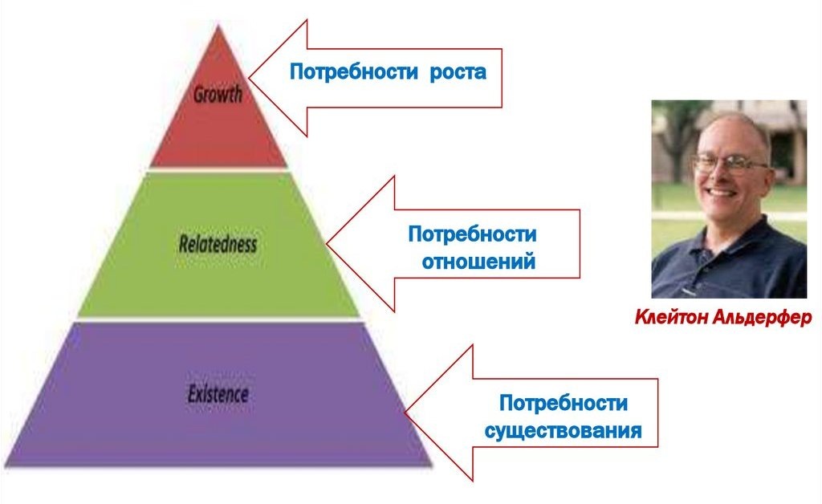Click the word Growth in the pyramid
tap(217, 95)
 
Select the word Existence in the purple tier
tap(218, 394)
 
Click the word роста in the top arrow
tap(458, 72)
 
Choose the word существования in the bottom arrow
tap(563, 431)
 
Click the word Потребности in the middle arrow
tap(472, 235)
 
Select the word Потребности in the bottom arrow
tap(564, 403)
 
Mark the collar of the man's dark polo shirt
tap(726, 233)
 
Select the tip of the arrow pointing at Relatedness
tap(327, 243)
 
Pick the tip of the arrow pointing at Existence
tap(406, 413)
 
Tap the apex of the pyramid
tap(217, 26)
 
